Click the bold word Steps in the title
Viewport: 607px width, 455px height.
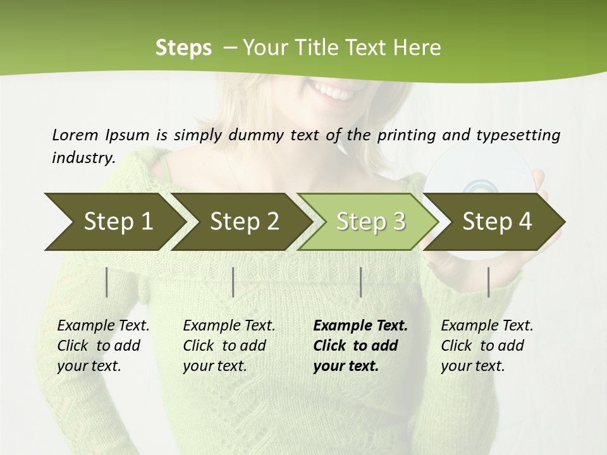pyautogui.click(x=183, y=48)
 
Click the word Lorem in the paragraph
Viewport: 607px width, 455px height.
pyautogui.click(x=75, y=135)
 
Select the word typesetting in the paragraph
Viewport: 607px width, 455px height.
pyautogui.click(x=518, y=135)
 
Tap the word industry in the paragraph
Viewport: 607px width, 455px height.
pyautogui.click(x=83, y=158)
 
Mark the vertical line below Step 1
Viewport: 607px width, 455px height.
pyautogui.click(x=107, y=282)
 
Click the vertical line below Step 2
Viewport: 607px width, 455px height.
pyautogui.click(x=233, y=282)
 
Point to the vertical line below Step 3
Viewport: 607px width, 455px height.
pyautogui.click(x=360, y=282)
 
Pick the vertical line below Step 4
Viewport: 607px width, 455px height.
pyautogui.click(x=488, y=282)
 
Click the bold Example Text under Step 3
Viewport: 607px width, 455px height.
pyautogui.click(x=360, y=326)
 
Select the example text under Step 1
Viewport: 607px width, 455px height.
pyautogui.click(x=103, y=346)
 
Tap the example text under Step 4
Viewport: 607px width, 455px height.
pyautogui.click(x=487, y=346)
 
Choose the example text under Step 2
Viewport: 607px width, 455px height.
pyautogui.click(x=229, y=346)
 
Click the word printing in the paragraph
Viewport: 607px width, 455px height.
pyautogui.click(x=405, y=135)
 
